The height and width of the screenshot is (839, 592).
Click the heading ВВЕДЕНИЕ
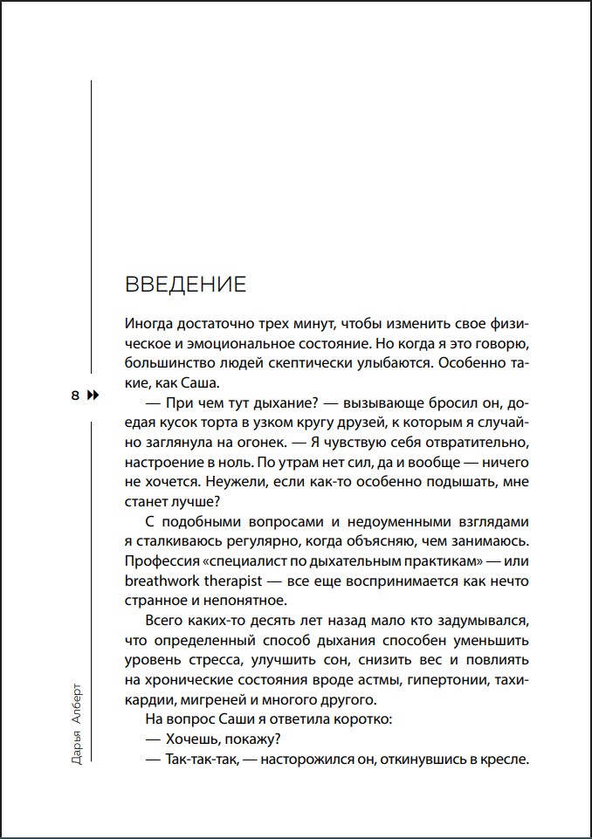pos(186,285)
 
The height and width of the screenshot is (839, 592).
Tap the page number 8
pos(75,395)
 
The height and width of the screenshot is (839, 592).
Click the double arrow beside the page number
pos(93,395)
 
